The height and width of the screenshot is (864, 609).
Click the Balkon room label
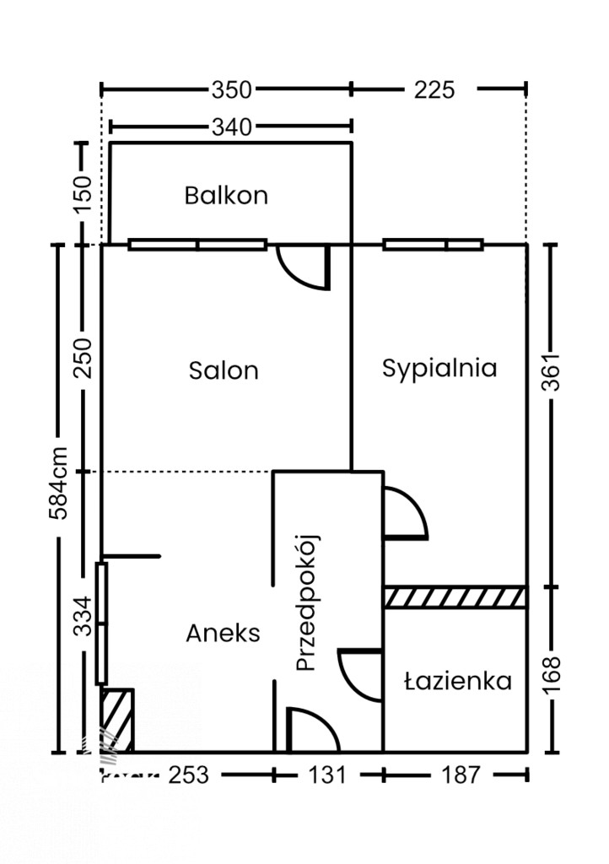226,196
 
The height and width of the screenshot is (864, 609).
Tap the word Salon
224,370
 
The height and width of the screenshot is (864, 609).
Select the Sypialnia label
439,368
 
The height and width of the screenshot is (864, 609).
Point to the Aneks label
223,633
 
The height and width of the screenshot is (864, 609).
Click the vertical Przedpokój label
307,602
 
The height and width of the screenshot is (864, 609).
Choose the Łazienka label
457,682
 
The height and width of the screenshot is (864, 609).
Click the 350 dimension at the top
231,89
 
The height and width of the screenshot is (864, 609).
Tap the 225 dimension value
434,89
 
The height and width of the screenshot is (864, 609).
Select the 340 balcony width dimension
232,127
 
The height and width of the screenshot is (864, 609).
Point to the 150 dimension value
84,194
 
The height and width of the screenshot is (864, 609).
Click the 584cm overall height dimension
58,483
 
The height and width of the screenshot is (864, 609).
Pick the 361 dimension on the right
551,372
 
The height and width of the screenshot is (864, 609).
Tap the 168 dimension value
551,674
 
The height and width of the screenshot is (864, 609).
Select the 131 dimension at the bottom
327,775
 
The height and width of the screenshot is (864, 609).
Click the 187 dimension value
461,775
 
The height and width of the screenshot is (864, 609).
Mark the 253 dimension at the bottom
189,775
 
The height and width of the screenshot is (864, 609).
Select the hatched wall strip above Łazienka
455,597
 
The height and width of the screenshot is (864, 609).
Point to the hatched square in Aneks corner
116,721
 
